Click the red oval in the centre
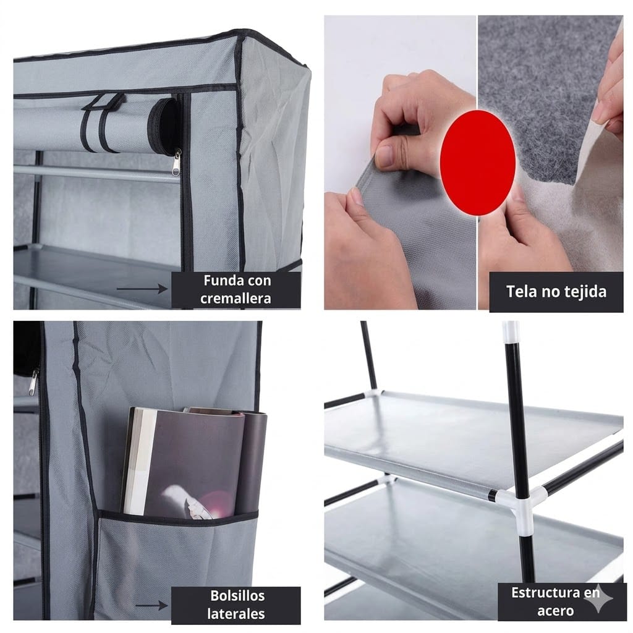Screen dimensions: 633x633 coord(478,163)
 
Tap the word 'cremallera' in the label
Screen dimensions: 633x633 coord(236,299)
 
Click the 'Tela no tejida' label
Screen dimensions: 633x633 coord(556,292)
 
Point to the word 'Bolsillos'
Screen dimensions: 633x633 coord(237,596)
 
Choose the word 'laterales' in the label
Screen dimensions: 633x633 coord(236,614)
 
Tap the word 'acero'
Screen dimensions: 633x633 coord(556,611)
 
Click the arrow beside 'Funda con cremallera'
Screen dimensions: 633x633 coord(142,289)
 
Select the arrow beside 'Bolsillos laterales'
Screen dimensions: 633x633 coord(151,606)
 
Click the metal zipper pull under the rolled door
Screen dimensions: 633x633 coord(176,163)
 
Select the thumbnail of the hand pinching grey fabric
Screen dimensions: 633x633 coord(400,163)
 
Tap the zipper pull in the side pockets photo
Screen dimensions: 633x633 coord(33,382)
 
